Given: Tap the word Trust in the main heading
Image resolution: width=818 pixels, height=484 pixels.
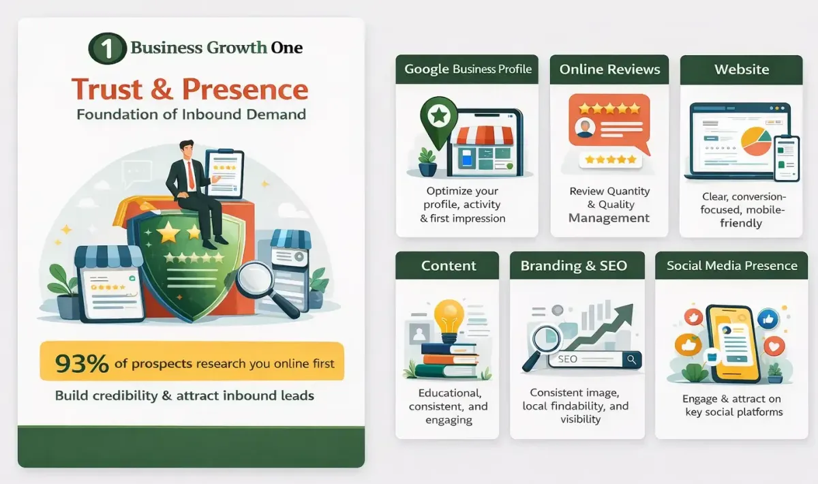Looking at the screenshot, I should [108, 89].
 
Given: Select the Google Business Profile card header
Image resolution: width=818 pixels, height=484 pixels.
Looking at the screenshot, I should [467, 69].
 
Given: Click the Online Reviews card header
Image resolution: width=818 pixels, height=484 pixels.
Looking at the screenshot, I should [609, 70].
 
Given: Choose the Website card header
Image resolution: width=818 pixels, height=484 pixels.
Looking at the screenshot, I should [741, 70].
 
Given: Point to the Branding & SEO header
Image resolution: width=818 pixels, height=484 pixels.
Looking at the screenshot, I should [573, 266].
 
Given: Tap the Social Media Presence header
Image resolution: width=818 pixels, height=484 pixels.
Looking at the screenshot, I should [731, 266].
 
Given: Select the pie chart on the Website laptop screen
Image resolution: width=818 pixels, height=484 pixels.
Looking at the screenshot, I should [756, 138].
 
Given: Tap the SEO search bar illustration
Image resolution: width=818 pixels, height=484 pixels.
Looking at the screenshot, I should [593, 359].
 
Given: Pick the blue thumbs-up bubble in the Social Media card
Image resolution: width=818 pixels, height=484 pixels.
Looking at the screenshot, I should [769, 318].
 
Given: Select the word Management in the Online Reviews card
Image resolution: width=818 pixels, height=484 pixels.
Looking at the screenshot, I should [609, 218].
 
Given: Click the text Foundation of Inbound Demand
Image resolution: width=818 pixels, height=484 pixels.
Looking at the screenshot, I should [191, 114].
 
